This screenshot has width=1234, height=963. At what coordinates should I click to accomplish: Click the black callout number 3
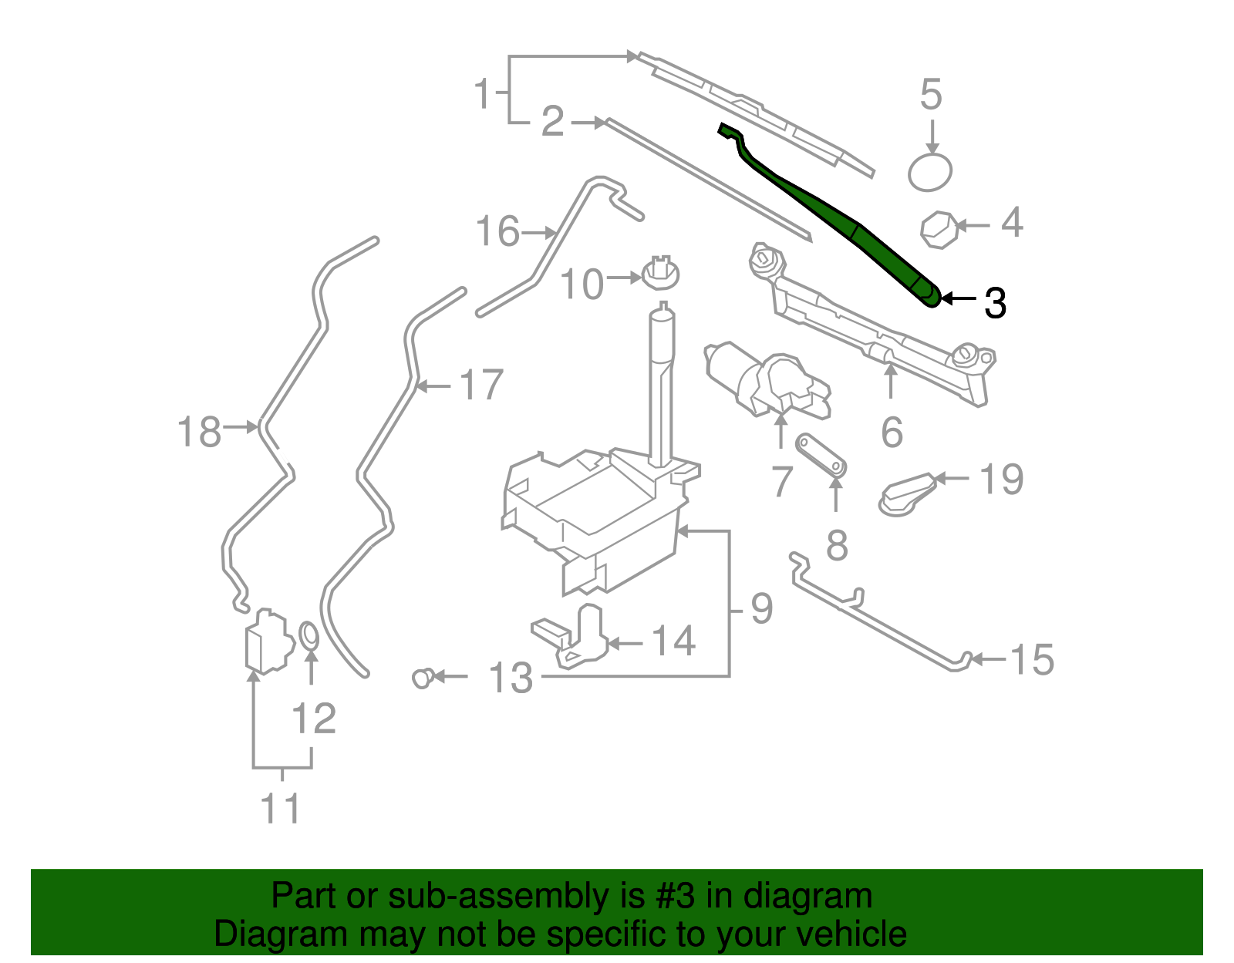click(995, 303)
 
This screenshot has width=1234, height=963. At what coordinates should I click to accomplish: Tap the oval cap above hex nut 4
click(929, 171)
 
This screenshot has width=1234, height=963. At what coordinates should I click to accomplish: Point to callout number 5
click(931, 95)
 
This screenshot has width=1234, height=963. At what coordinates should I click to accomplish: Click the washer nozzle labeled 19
click(909, 493)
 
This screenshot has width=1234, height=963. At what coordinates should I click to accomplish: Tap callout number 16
click(498, 231)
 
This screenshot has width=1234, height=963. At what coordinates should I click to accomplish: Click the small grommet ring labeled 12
click(308, 636)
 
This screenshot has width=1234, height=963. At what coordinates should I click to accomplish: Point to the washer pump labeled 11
click(265, 640)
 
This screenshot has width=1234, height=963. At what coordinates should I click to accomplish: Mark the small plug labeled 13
click(422, 678)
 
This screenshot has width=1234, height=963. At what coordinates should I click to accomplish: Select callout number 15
click(1031, 660)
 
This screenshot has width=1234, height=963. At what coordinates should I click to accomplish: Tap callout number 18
click(200, 432)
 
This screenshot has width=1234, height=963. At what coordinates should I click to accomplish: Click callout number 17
click(481, 385)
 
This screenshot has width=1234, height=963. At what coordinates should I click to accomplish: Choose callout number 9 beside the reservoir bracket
click(761, 609)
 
